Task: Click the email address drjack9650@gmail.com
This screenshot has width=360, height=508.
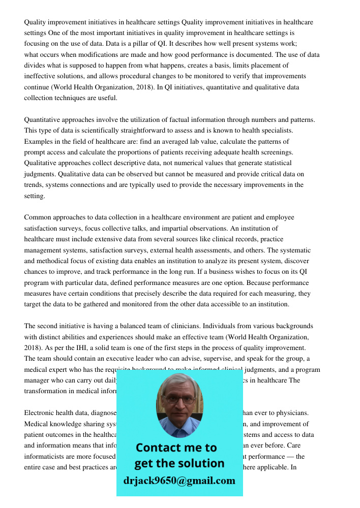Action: (179, 481)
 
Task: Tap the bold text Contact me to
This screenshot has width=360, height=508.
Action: (176, 448)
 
